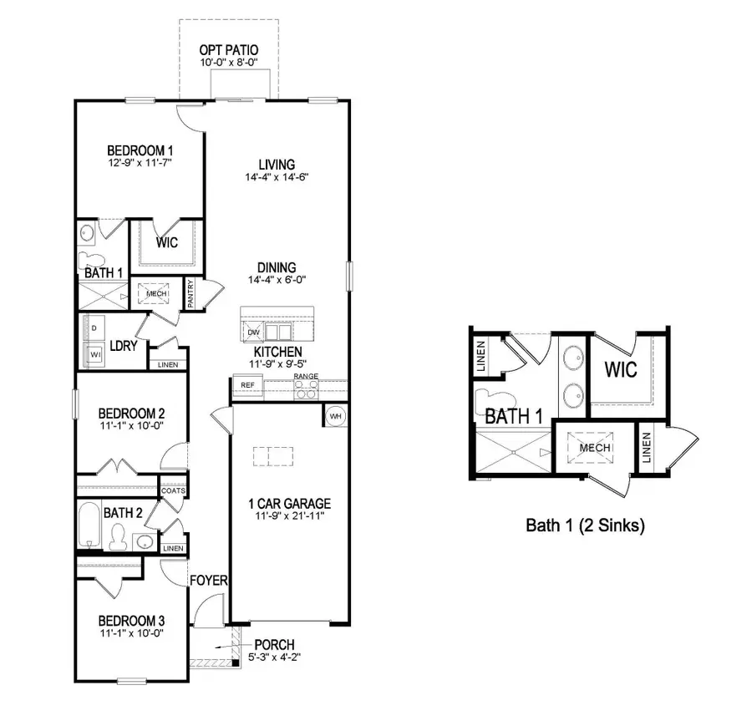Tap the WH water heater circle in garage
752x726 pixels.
[334, 415]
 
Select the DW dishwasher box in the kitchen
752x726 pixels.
[254, 333]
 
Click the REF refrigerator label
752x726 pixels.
[247, 385]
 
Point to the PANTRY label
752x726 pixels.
[191, 294]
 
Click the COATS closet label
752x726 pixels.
[173, 490]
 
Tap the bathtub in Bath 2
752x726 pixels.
[89, 525]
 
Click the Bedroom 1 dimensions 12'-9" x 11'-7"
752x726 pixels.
[140, 164]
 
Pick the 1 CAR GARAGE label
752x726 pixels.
[290, 504]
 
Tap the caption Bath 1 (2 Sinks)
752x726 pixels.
[585, 525]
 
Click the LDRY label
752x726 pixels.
[124, 345]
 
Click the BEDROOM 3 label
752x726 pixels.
[131, 621]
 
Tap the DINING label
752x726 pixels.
[277, 267]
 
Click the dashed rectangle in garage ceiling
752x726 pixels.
[274, 455]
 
